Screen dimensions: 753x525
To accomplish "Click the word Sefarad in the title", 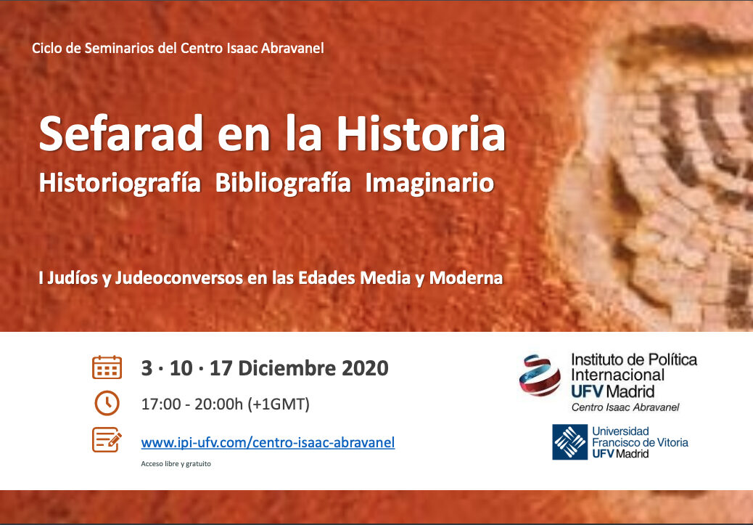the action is pyautogui.click(x=120, y=134).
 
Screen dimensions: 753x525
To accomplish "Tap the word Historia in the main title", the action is pyautogui.click(x=421, y=134).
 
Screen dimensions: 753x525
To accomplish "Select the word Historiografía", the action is pyautogui.click(x=120, y=184).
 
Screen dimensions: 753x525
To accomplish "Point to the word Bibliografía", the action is pyautogui.click(x=283, y=184).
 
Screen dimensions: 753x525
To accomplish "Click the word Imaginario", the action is pyautogui.click(x=429, y=184).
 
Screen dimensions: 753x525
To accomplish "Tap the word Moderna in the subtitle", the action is pyautogui.click(x=466, y=278).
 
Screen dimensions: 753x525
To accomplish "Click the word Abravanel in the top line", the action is pyautogui.click(x=292, y=48).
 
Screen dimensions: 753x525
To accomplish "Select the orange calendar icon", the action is pyautogui.click(x=107, y=367).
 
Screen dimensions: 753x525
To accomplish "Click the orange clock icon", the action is pyautogui.click(x=107, y=403).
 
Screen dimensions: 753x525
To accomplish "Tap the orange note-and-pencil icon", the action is pyautogui.click(x=107, y=439).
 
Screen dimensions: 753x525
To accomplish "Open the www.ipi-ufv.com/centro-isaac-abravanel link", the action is pyautogui.click(x=268, y=443).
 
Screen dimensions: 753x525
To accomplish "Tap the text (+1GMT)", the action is pyautogui.click(x=279, y=404).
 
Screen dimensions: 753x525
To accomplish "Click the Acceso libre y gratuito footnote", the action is pyautogui.click(x=176, y=464).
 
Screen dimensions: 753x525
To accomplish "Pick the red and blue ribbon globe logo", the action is pyautogui.click(x=540, y=375).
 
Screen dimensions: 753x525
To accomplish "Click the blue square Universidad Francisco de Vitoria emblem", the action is pyautogui.click(x=570, y=441).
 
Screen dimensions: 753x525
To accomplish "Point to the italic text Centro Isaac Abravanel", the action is pyautogui.click(x=625, y=407).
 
